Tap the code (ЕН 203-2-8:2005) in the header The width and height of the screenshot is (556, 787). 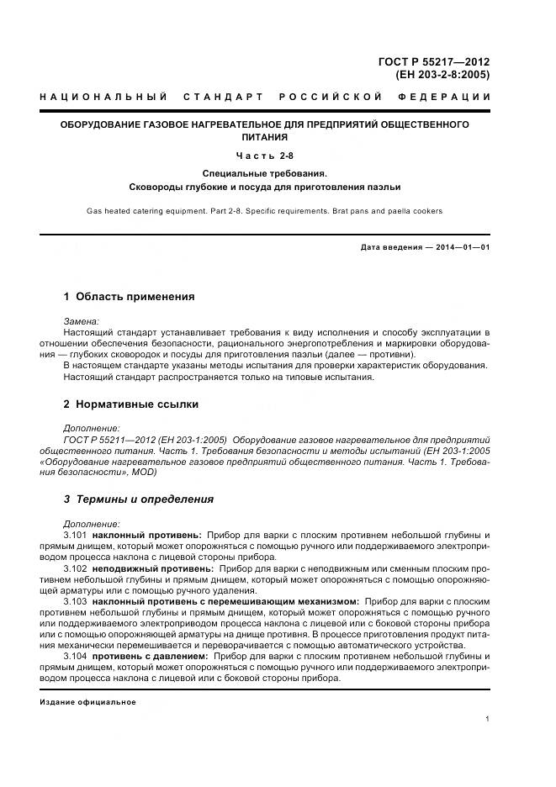[x=442, y=74]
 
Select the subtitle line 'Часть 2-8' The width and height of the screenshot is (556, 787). [x=264, y=155]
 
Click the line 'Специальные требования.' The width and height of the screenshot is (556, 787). [x=264, y=172]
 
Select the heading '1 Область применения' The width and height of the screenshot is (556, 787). [x=129, y=297]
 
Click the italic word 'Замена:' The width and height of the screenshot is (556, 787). [x=82, y=321]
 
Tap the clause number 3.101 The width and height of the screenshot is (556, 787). [x=76, y=535]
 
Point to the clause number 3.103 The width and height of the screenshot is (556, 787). [x=76, y=602]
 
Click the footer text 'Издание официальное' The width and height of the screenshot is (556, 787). [x=87, y=701]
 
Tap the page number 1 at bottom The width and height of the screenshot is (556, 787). [x=488, y=718]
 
